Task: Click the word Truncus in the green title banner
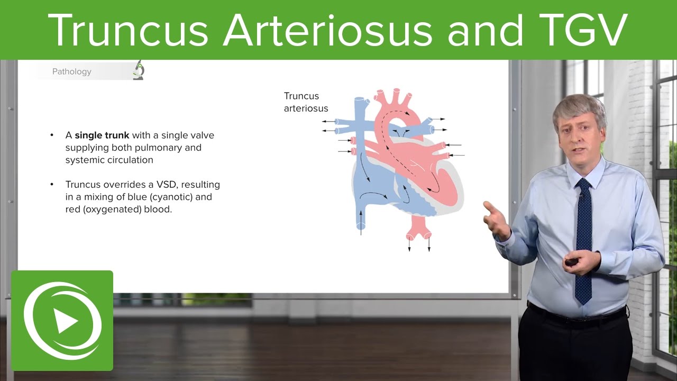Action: click(130, 30)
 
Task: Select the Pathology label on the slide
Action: click(71, 71)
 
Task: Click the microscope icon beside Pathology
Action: click(139, 70)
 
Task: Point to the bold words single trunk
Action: click(102, 135)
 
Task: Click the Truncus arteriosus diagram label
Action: click(306, 102)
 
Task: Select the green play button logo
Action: click(62, 320)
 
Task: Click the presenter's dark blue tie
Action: click(583, 238)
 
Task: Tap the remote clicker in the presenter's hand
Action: click(571, 261)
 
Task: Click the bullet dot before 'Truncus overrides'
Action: click(52, 185)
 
